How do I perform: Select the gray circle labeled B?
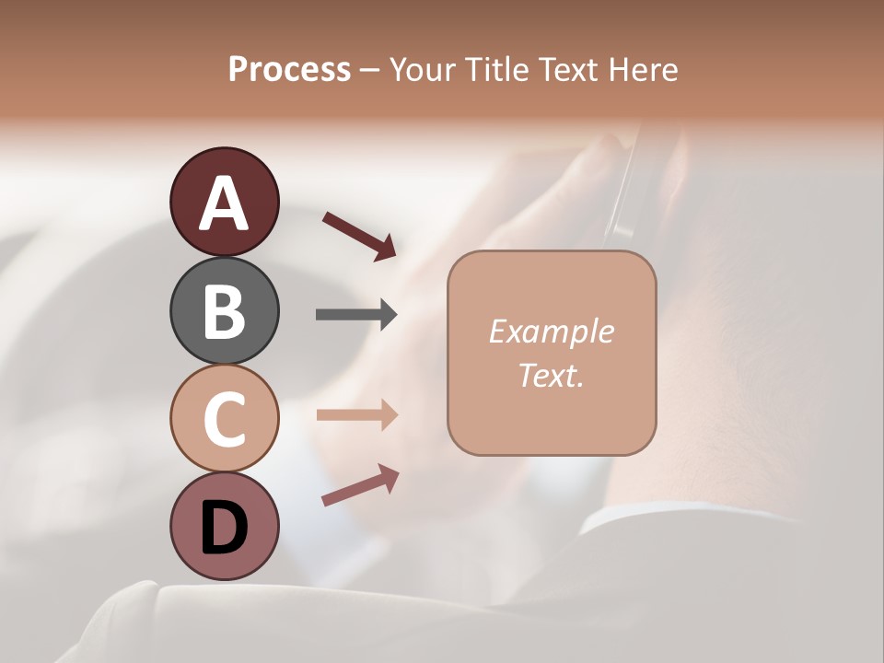[x=224, y=310]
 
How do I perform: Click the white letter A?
[x=224, y=204]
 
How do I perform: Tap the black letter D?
[x=224, y=527]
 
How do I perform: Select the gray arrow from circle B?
[x=356, y=315]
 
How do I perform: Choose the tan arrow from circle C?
[x=356, y=415]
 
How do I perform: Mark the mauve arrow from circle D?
[x=360, y=485]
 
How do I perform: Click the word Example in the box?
[x=551, y=331]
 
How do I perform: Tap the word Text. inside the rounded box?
[x=551, y=375]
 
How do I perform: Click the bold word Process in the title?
[x=289, y=70]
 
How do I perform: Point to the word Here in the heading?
[x=642, y=70]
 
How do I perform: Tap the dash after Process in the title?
[x=370, y=71]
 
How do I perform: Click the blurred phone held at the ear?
[x=635, y=184]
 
